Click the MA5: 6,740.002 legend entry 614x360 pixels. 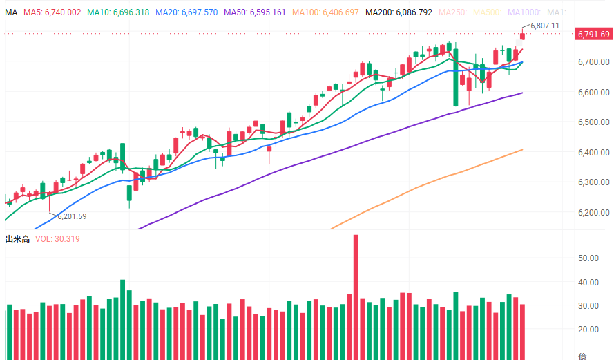click(x=52, y=12)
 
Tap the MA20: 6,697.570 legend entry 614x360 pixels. click(x=186, y=12)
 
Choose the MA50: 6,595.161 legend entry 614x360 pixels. click(x=255, y=12)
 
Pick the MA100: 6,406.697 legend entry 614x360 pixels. click(x=325, y=12)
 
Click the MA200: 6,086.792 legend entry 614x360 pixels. click(x=399, y=12)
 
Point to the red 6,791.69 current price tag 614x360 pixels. click(x=594, y=35)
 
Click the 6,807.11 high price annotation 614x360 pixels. click(x=545, y=26)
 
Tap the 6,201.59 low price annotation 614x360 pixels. click(x=72, y=216)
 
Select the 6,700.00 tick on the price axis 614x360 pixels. click(x=594, y=62)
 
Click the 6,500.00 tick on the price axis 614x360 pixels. click(x=594, y=122)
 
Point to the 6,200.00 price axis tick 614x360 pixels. click(x=594, y=212)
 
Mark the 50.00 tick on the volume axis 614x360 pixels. click(x=589, y=258)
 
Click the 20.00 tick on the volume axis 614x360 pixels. click(x=589, y=330)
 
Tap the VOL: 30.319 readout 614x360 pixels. click(x=58, y=239)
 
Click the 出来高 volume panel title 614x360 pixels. click(x=17, y=239)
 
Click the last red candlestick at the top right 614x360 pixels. click(x=523, y=36)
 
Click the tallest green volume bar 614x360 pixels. click(x=123, y=319)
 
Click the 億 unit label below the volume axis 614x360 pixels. click(x=582, y=356)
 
